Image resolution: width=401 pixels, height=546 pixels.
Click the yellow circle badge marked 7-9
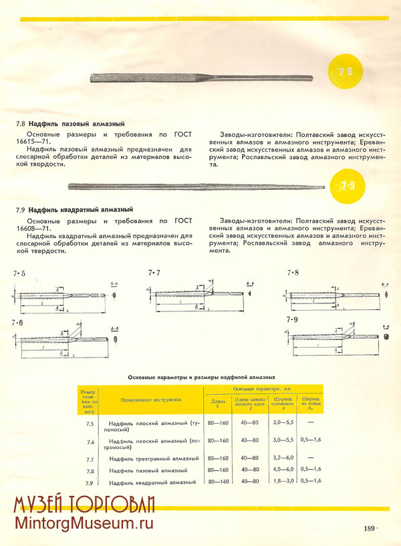tap(347, 186)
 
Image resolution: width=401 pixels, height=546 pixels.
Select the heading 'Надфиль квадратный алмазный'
tap(81, 210)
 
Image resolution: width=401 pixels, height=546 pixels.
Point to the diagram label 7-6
tap(17, 323)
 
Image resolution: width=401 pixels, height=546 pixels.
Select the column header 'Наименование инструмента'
tap(150, 400)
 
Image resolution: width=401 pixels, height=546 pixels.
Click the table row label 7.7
tap(90, 459)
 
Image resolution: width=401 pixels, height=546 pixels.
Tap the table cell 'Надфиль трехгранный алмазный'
tap(154, 459)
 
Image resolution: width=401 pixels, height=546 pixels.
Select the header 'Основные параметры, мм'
tap(263, 388)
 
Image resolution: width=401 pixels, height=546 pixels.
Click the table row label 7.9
tap(90, 482)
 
